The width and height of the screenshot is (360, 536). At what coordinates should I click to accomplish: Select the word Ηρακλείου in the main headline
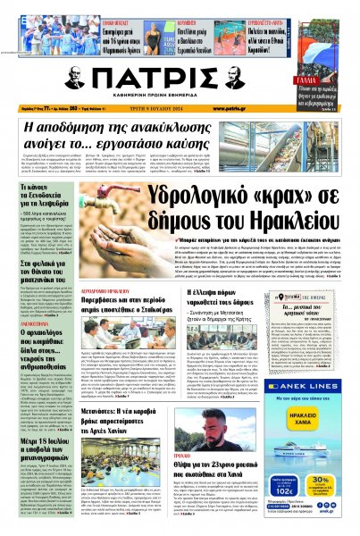(x=268, y=220)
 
